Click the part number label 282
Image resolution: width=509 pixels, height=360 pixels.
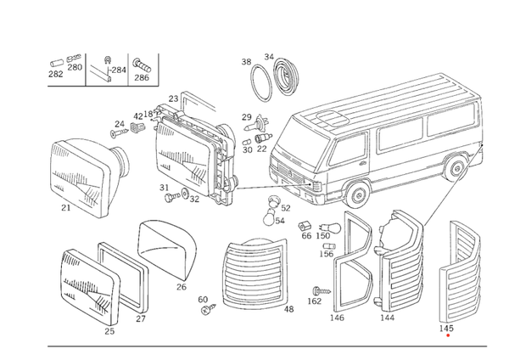pyautogui.click(x=55, y=74)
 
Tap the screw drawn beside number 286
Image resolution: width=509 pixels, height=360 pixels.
pyautogui.click(x=142, y=65)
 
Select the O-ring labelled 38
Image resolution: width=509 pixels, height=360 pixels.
pyautogui.click(x=260, y=83)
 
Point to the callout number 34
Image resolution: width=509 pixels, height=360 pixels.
pyautogui.click(x=269, y=57)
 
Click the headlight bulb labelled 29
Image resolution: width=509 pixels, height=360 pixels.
pyautogui.click(x=256, y=123)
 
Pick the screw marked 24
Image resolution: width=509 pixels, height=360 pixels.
pyautogui.click(x=119, y=132)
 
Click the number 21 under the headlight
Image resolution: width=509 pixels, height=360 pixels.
pyautogui.click(x=66, y=207)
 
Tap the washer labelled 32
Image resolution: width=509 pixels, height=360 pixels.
pyautogui.click(x=185, y=193)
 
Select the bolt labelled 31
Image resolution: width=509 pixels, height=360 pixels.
pyautogui.click(x=171, y=197)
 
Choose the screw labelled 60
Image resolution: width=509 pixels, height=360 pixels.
pyautogui.click(x=208, y=310)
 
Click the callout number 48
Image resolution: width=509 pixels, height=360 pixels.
pyautogui.click(x=288, y=309)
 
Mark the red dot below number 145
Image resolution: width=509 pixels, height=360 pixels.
pyautogui.click(x=448, y=335)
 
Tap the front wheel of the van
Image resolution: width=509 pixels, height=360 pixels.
pyautogui.click(x=357, y=194)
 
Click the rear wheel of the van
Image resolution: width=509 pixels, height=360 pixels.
pyautogui.click(x=456, y=169)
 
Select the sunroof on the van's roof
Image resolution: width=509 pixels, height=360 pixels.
pyautogui.click(x=331, y=118)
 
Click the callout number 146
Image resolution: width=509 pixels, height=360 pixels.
pyautogui.click(x=337, y=318)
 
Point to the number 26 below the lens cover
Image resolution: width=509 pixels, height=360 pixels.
pyautogui.click(x=182, y=287)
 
